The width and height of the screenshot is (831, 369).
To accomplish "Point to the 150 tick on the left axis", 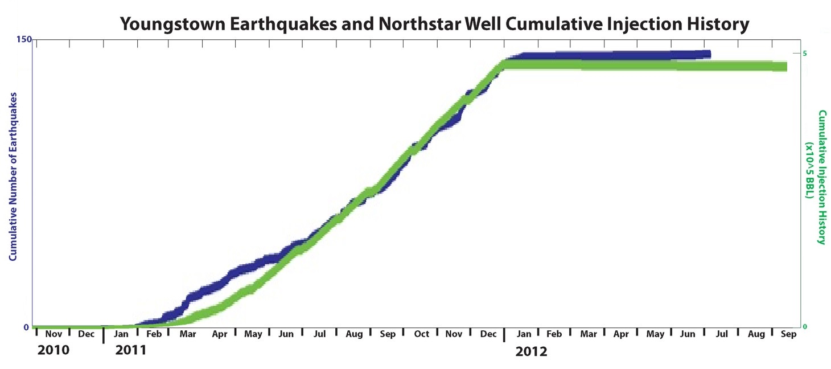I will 24,39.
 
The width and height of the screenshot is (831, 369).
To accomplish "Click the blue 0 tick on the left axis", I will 26,327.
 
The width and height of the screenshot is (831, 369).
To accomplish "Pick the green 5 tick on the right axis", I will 805,53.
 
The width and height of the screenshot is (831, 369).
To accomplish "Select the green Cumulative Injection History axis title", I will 821,177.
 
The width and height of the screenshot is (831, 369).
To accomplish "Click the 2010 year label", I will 54,350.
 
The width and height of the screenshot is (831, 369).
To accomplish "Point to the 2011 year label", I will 130,350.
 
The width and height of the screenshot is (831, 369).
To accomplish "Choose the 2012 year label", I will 531,351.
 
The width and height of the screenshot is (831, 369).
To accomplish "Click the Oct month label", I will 421,334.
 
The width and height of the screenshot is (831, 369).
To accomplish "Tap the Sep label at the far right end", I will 788,334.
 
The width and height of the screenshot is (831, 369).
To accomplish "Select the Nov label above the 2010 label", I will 54,334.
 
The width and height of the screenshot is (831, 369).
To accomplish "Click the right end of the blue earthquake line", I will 709,54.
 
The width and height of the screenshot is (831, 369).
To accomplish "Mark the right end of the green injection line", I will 785,67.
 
